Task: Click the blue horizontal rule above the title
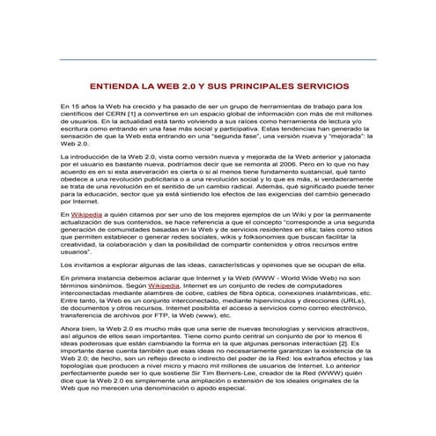(218, 59)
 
